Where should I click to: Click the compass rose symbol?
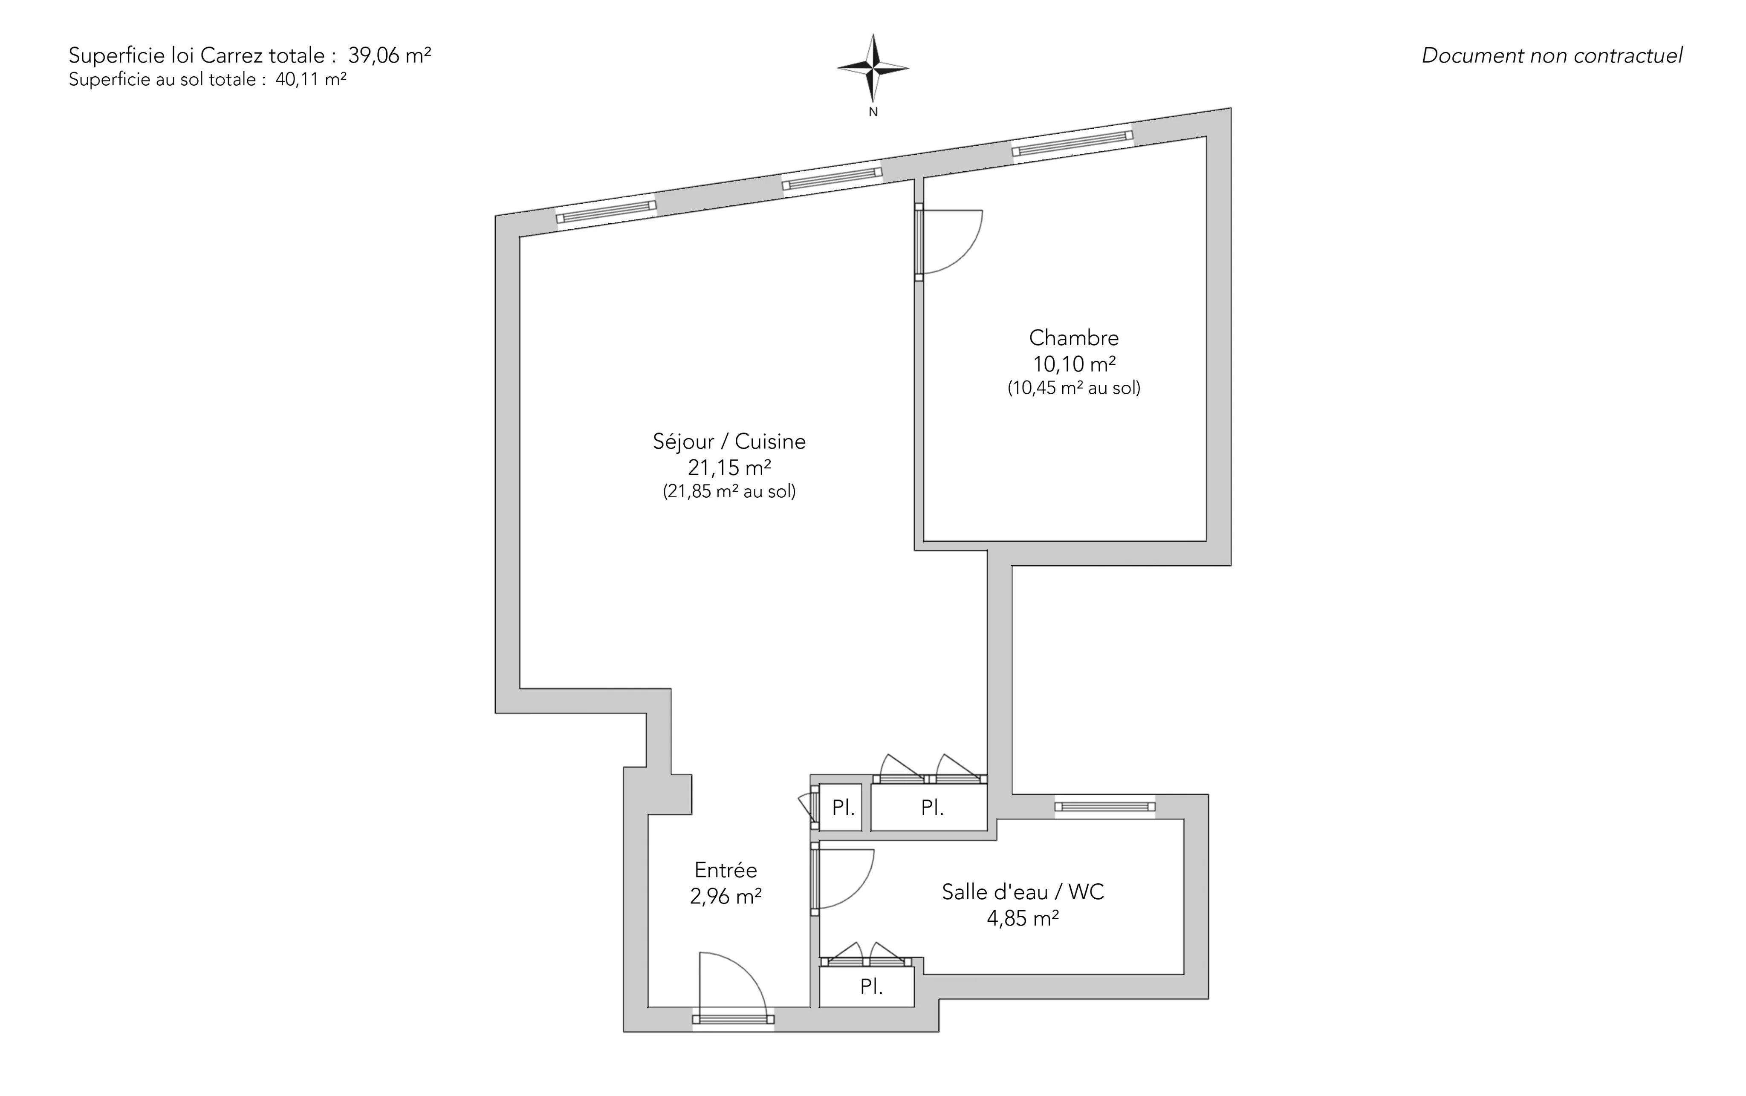[873, 68]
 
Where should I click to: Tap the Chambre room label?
[1074, 338]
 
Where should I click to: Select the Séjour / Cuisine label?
[729, 441]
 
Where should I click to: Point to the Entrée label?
[726, 870]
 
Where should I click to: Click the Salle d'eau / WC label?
[1023, 891]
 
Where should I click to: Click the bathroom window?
[1104, 806]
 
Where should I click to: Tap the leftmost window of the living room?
[606, 212]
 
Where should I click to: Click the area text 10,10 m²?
[1074, 364]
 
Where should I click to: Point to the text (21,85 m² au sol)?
[729, 491]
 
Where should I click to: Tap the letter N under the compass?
[873, 112]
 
